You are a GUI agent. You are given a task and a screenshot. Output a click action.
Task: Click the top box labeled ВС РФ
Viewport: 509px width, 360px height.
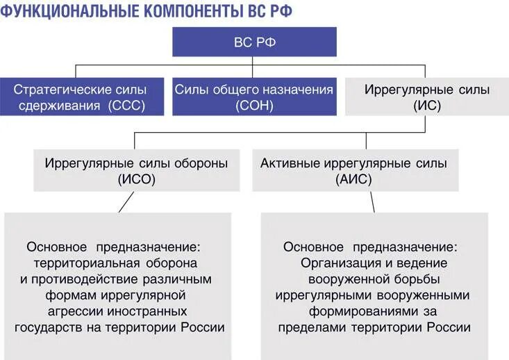[x=254, y=42]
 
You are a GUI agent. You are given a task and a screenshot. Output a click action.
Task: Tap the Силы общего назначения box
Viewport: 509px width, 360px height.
[x=254, y=97]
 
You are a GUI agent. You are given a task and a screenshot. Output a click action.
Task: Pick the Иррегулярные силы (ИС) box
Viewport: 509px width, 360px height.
[x=427, y=97]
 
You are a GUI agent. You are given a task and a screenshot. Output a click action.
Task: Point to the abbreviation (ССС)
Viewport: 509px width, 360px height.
[x=130, y=106]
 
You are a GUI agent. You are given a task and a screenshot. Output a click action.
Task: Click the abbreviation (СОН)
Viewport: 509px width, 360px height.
[x=254, y=106]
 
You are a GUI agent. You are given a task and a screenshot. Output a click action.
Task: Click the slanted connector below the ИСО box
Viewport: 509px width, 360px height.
[x=125, y=202]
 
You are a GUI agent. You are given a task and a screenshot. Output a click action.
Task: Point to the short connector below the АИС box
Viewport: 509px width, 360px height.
[x=372, y=202]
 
